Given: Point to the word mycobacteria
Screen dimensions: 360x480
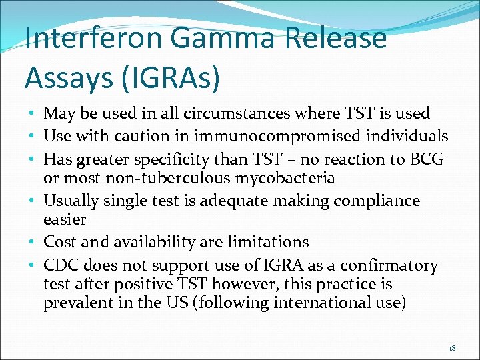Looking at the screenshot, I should point(278,178).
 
